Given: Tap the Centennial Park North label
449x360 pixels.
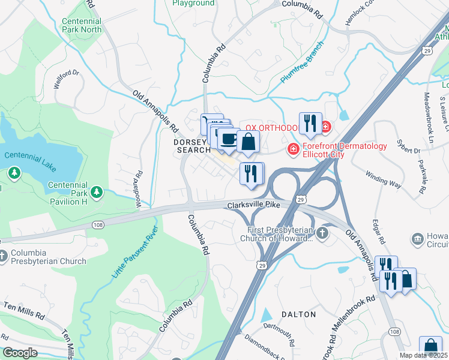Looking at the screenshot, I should pyautogui.click(x=82, y=25).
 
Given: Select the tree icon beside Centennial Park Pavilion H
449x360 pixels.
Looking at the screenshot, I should pyautogui.click(x=95, y=192).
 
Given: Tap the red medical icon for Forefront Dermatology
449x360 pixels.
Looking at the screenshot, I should pyautogui.click(x=294, y=149).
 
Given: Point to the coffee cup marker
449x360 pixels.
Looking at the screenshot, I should pyautogui.click(x=228, y=140).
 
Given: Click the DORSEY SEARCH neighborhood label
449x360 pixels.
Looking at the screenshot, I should pyautogui.click(x=192, y=146).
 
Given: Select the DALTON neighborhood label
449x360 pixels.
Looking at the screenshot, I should pyautogui.click(x=299, y=314).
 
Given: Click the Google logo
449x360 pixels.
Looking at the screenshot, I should pyautogui.click(x=20, y=353).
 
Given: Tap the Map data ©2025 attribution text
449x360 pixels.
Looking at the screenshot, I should pyautogui.click(x=423, y=355).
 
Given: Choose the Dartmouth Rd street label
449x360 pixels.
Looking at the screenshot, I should pyautogui.click(x=278, y=335).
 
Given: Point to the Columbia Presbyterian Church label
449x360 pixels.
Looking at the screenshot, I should pyautogui.click(x=48, y=257).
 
